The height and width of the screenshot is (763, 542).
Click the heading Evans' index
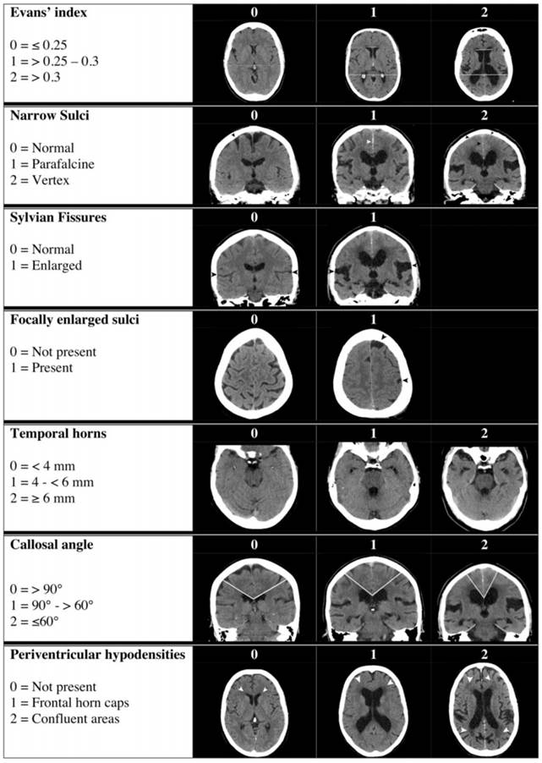pyautogui.click(x=49, y=13)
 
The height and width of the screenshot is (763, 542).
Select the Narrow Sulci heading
pyautogui.click(x=50, y=115)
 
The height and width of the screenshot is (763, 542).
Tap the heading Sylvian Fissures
pyautogui.click(x=58, y=217)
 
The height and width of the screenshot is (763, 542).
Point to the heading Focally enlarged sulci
pyautogui.click(x=74, y=320)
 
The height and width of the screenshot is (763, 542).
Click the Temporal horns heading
pyautogui.click(x=58, y=434)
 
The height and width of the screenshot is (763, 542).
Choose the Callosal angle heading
pyautogui.click(x=52, y=545)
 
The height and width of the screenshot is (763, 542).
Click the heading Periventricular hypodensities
pyautogui.click(x=98, y=655)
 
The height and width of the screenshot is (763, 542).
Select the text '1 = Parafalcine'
pyautogui.click(x=52, y=164)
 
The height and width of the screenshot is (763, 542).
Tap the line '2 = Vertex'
pyautogui.click(x=40, y=180)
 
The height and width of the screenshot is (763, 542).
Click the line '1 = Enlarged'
pyautogui.click(x=47, y=266)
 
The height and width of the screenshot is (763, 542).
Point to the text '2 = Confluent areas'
pyautogui.click(x=65, y=719)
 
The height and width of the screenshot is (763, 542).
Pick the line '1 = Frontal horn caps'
pyautogui.click(x=69, y=703)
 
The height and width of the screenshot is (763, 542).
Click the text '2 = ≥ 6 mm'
pyautogui.click(x=43, y=498)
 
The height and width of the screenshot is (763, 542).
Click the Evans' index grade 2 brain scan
pyautogui.click(x=484, y=63)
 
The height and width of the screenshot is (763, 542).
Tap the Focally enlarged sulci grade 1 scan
pyautogui.click(x=373, y=373)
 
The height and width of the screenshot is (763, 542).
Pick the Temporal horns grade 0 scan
pyautogui.click(x=254, y=487)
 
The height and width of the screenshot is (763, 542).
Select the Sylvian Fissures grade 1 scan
pyautogui.click(x=373, y=266)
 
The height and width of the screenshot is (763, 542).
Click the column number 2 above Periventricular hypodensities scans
pyautogui.click(x=485, y=655)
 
